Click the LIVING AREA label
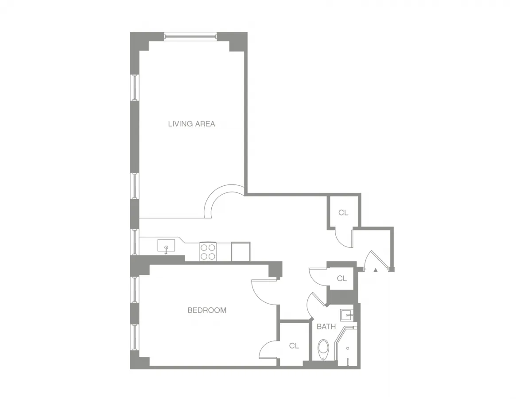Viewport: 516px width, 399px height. coord(191,124)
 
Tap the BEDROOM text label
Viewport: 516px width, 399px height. coord(207,310)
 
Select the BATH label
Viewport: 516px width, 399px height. coord(326,327)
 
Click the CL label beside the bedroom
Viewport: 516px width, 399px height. coord(294,346)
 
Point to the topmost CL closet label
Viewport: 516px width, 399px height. coord(343,213)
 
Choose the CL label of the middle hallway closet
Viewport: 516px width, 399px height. coord(341,278)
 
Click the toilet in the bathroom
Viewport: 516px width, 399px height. coord(324,349)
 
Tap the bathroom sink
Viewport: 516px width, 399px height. coord(346,315)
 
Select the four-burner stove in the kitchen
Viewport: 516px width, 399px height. coord(208,251)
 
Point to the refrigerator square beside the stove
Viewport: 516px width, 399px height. coord(241,251)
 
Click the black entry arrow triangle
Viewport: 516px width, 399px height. coord(375,269)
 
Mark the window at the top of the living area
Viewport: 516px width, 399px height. coord(190,36)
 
